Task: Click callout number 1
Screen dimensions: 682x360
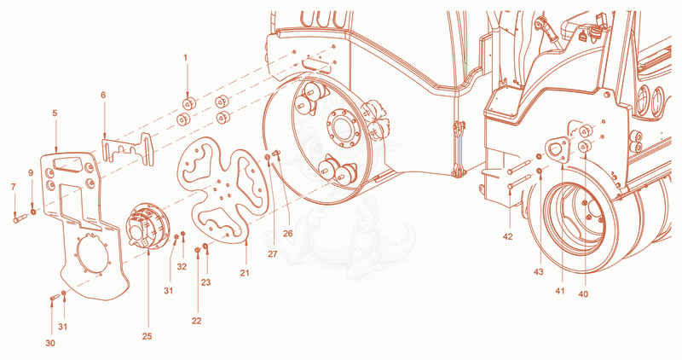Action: tap(186, 57)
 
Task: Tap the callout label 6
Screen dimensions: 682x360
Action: tap(103, 95)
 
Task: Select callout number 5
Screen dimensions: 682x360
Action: tap(55, 113)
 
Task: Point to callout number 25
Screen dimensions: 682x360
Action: tap(147, 336)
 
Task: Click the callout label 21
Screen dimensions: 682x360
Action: tap(245, 273)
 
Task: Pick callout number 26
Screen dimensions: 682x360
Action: tap(288, 234)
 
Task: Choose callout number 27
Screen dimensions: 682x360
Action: tap(273, 253)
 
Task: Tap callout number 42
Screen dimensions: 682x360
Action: tap(507, 237)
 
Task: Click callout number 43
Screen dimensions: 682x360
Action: tap(539, 272)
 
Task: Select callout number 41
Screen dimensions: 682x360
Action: tap(560, 291)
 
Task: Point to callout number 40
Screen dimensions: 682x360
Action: tap(583, 294)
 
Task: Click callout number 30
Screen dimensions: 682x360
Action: tap(50, 343)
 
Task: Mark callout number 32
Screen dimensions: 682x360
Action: tap(182, 266)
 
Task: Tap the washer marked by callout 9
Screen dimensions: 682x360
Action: tap(33, 212)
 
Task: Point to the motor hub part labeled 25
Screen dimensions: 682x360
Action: tap(147, 226)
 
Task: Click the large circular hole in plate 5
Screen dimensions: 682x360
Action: tap(92, 253)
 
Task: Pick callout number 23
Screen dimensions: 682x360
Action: tap(205, 282)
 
